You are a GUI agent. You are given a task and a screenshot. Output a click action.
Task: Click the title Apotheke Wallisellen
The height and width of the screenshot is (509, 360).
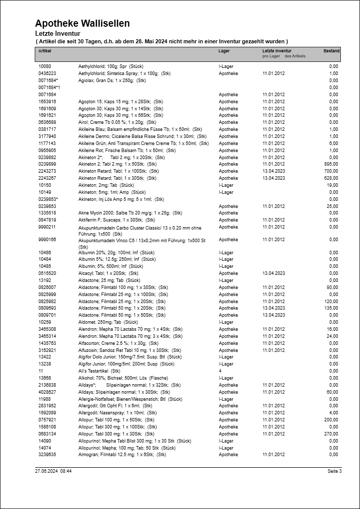83,23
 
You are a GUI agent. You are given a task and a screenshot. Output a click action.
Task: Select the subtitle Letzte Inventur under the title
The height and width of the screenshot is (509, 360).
58,34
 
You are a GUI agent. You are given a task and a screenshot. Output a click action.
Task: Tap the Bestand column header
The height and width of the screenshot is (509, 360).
331,51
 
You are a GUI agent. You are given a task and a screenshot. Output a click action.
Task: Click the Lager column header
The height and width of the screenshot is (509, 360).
224,51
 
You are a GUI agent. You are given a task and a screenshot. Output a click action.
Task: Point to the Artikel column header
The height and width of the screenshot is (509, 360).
45,51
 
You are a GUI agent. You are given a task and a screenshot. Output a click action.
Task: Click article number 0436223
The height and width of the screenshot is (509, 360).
47,74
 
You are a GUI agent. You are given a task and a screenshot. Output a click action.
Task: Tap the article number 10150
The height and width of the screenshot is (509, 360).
45,185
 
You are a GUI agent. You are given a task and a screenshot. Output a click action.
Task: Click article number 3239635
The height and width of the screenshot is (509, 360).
47,455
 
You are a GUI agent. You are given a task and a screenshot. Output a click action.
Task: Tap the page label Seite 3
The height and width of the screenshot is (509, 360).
334,472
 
